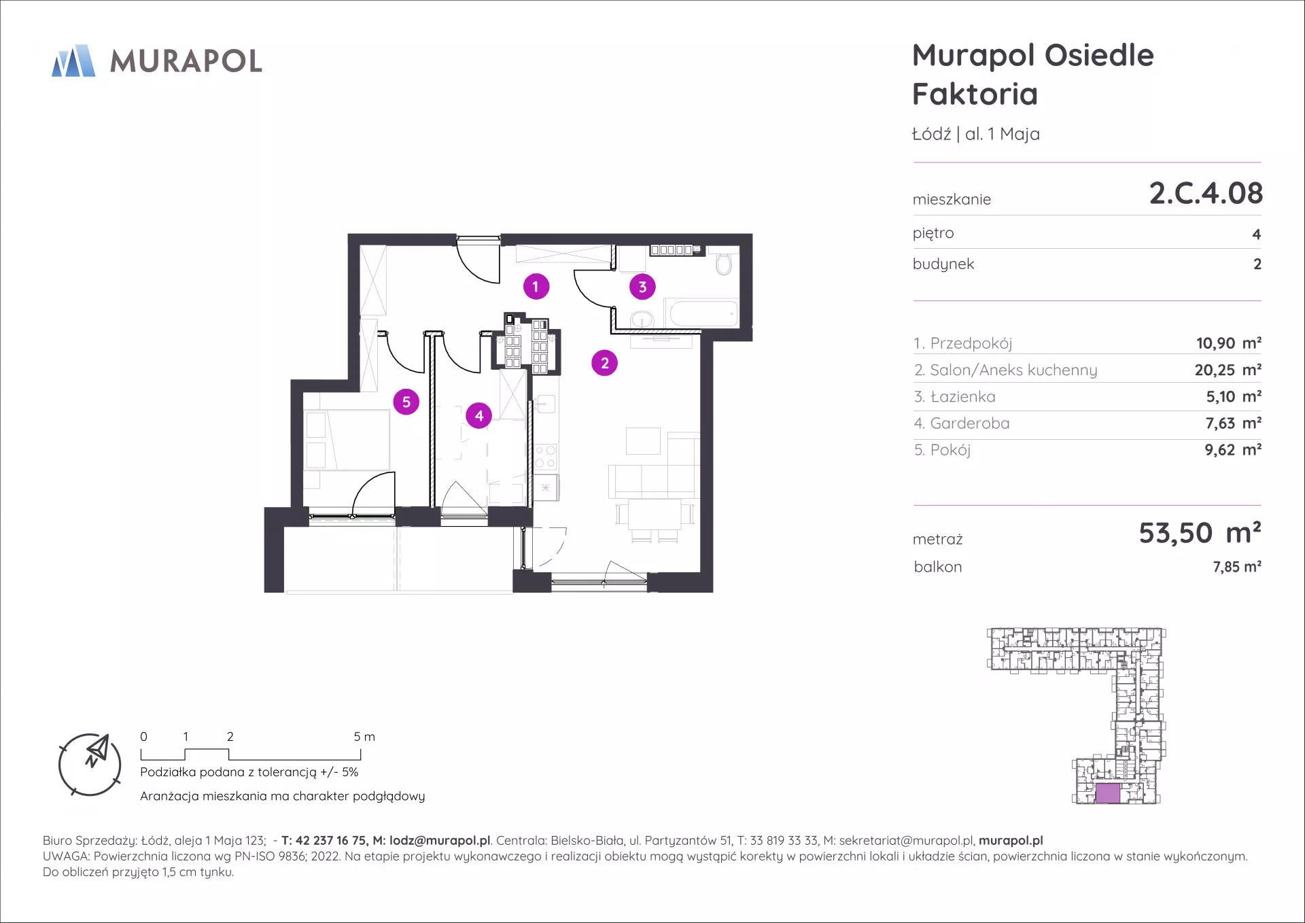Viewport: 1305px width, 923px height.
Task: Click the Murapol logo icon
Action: click(x=73, y=60)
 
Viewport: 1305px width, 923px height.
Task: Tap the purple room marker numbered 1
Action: click(x=536, y=287)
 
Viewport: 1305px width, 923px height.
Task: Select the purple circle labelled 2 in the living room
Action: click(x=604, y=363)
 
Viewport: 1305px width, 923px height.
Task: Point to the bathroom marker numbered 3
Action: click(x=642, y=287)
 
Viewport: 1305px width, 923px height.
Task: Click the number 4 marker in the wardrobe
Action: click(x=479, y=415)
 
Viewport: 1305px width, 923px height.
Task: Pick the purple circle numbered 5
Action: click(x=406, y=402)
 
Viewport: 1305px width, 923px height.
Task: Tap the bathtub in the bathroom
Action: click(x=703, y=313)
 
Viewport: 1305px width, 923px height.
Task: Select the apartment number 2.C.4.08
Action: click(x=1206, y=193)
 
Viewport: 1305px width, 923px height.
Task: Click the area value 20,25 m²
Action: click(x=1228, y=370)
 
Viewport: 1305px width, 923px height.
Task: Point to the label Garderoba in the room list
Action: click(x=969, y=423)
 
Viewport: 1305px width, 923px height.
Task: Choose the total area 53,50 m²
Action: click(x=1200, y=533)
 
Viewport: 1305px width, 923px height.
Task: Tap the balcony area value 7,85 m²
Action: click(x=1237, y=567)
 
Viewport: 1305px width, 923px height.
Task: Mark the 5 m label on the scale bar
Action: click(x=364, y=737)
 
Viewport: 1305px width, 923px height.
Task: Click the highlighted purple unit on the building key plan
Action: click(x=1108, y=793)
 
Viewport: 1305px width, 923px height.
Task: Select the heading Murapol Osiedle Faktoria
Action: click(x=1032, y=74)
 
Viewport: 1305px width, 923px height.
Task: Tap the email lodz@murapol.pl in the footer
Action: click(x=440, y=841)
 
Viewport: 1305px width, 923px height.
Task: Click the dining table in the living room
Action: click(x=655, y=515)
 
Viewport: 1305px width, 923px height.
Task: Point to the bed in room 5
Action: click(x=347, y=440)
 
